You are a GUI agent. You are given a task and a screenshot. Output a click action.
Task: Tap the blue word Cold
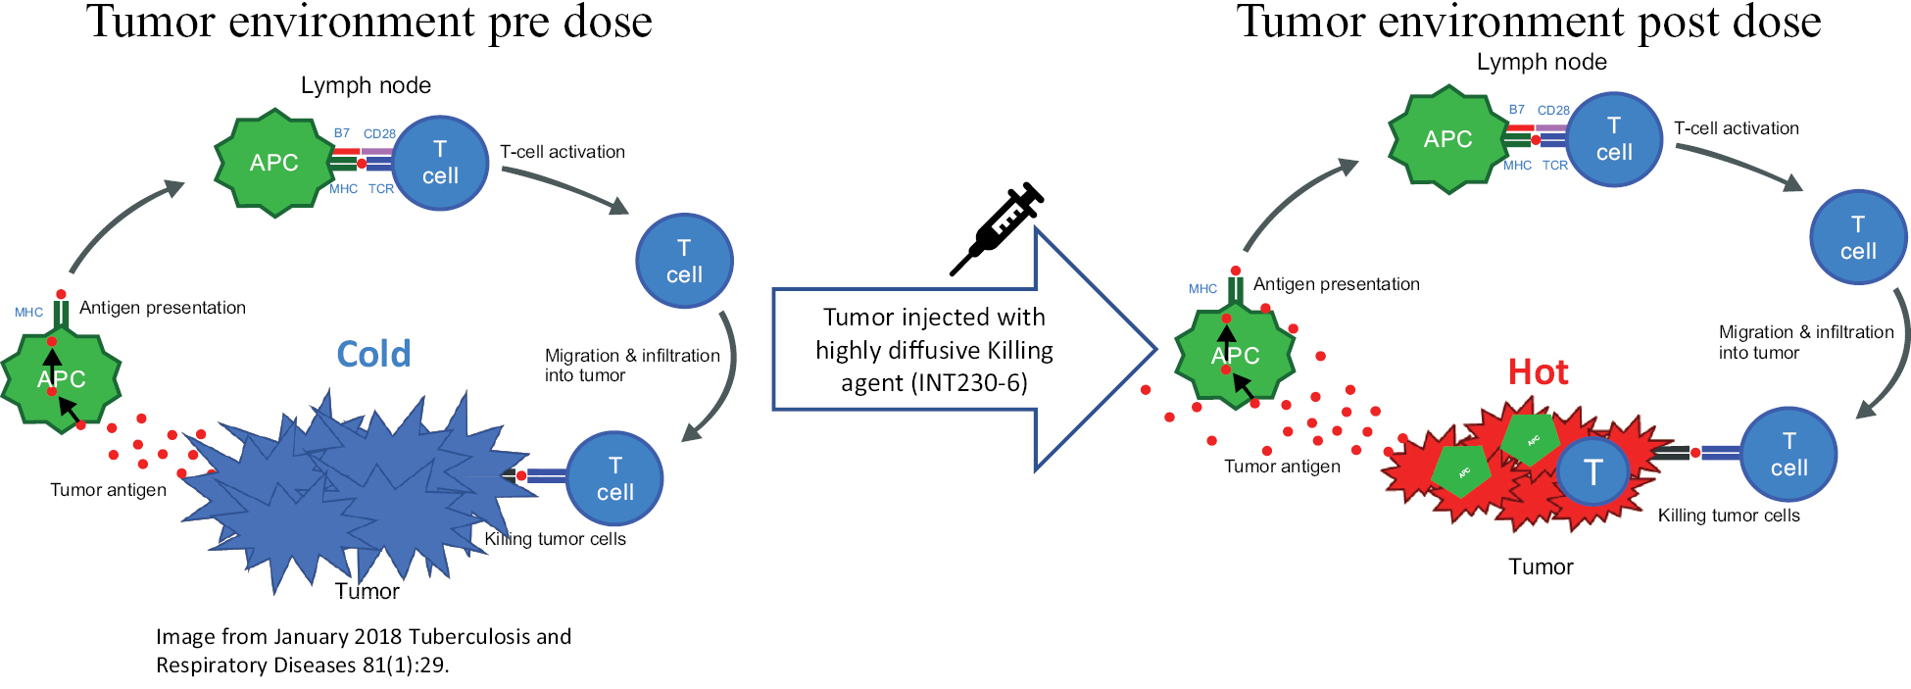click(x=373, y=354)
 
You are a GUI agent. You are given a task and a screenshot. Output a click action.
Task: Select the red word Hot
click(x=1538, y=372)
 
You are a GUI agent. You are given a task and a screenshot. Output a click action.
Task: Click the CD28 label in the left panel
click(x=379, y=134)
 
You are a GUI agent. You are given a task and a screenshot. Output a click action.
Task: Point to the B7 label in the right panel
click(x=1516, y=110)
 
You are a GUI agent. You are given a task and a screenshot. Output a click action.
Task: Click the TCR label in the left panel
click(x=381, y=189)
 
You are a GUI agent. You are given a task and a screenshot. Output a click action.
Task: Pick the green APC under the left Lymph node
click(x=273, y=163)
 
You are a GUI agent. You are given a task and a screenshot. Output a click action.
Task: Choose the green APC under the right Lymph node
click(x=1447, y=139)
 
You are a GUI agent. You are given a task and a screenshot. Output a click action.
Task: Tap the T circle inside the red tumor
click(x=1593, y=472)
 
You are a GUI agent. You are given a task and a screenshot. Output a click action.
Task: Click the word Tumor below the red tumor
click(x=1541, y=566)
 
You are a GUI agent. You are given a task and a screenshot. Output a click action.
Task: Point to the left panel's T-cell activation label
click(x=563, y=152)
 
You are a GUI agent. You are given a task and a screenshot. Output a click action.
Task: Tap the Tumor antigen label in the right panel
click(x=1282, y=467)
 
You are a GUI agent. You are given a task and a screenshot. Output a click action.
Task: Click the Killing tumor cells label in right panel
click(x=1729, y=516)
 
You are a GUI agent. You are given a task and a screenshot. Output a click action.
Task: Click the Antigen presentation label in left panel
click(x=163, y=308)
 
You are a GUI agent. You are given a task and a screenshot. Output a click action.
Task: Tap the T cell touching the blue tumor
click(x=614, y=478)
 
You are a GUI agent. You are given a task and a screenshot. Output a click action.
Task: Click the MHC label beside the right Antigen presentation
click(x=1202, y=289)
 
